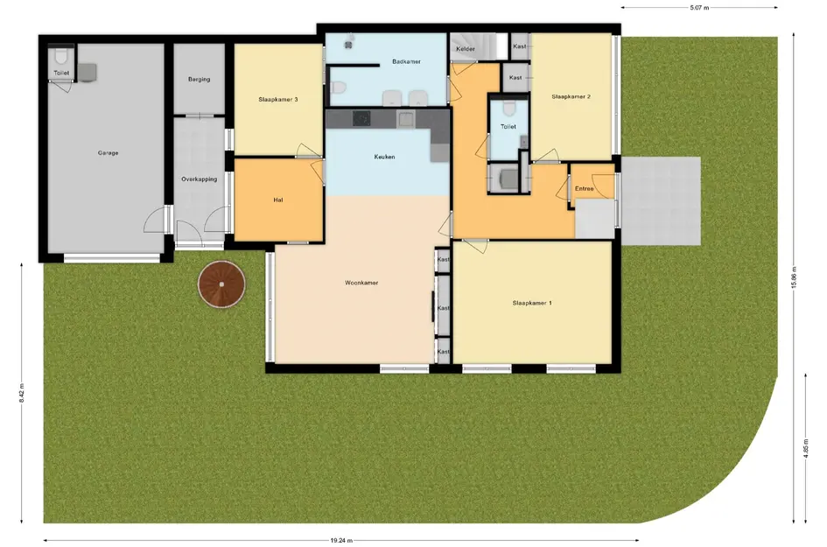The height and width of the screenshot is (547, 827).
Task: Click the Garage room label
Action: click(109, 153)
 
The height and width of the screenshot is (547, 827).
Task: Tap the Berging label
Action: click(200, 79)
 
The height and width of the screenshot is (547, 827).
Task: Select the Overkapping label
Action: click(200, 179)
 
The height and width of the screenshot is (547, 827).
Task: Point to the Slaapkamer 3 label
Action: click(278, 99)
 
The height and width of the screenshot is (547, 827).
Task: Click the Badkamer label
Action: click(407, 62)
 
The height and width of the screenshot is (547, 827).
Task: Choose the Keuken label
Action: click(384, 157)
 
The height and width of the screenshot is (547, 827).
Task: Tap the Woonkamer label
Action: click(361, 283)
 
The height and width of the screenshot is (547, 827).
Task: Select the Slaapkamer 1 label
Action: click(532, 304)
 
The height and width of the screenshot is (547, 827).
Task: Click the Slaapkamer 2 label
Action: click(571, 96)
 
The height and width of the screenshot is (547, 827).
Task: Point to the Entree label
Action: click(585, 188)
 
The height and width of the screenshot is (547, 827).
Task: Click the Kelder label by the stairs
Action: click(466, 49)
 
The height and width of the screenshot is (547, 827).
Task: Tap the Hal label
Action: click(278, 200)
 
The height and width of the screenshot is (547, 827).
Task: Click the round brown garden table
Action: click(221, 284)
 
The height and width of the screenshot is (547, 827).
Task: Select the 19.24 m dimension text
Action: click(342, 540)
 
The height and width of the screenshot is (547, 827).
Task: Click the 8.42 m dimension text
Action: click(22, 393)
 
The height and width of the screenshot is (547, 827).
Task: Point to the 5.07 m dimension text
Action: click(699, 8)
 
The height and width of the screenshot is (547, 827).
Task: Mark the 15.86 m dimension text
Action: click(794, 277)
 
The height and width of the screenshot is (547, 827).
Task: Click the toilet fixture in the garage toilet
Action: click(61, 56)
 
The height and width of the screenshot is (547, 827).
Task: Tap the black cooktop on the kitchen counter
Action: click(361, 119)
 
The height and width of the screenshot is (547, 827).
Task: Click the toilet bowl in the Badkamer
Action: click(339, 88)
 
